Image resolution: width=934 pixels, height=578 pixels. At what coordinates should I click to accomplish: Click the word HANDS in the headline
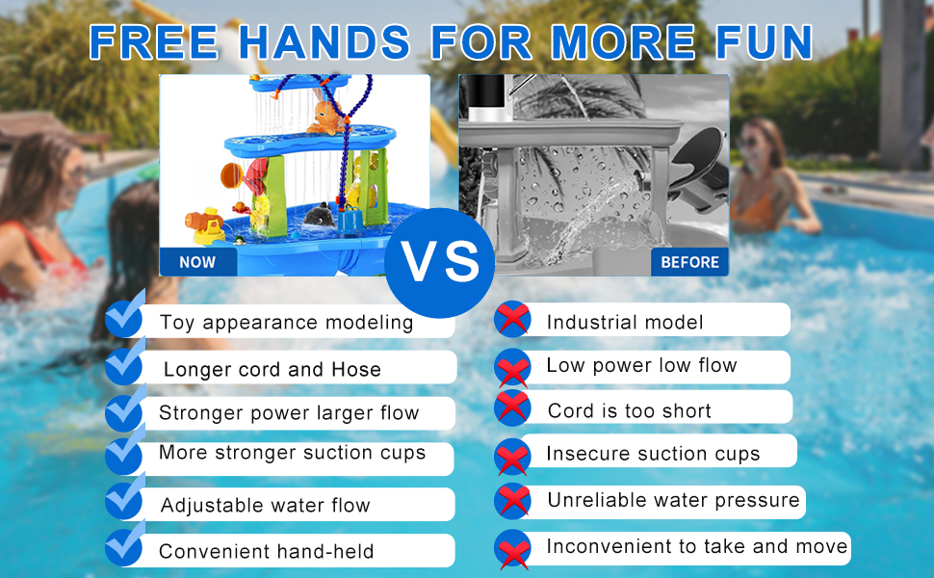pyautogui.click(x=324, y=42)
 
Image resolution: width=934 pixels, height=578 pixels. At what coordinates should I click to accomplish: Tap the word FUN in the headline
pyautogui.click(x=764, y=42)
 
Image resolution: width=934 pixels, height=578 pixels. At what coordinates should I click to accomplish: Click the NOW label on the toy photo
pyautogui.click(x=197, y=262)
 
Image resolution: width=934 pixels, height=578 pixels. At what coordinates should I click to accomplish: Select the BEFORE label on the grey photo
pyautogui.click(x=689, y=262)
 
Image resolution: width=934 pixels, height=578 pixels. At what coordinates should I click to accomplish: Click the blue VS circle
pyautogui.click(x=440, y=263)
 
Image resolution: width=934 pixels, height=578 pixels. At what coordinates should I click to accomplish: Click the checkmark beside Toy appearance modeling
pyautogui.click(x=124, y=315)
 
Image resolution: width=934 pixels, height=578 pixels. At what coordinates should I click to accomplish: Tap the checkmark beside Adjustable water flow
pyautogui.click(x=124, y=498)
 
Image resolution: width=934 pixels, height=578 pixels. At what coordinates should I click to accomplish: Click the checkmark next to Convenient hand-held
pyautogui.click(x=124, y=544)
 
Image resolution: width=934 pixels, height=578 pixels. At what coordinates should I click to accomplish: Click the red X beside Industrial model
pyautogui.click(x=512, y=319)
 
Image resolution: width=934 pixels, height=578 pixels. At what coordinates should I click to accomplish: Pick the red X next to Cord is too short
pyautogui.click(x=512, y=407)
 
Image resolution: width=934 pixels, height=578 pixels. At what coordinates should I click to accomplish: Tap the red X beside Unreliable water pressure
pyautogui.click(x=512, y=501)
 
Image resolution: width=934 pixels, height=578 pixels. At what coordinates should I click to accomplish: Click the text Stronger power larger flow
pyautogui.click(x=289, y=413)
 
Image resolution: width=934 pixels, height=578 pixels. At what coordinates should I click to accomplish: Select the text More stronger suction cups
pyautogui.click(x=292, y=453)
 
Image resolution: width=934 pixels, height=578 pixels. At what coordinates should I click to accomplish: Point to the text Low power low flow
pyautogui.click(x=641, y=365)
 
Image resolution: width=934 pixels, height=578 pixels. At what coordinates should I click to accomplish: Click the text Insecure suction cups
pyautogui.click(x=653, y=454)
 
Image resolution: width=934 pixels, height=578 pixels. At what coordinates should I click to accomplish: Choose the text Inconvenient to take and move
pyautogui.click(x=697, y=546)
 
